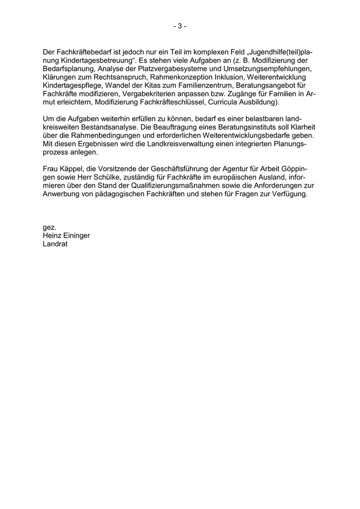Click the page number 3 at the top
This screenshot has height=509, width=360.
point(179,26)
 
